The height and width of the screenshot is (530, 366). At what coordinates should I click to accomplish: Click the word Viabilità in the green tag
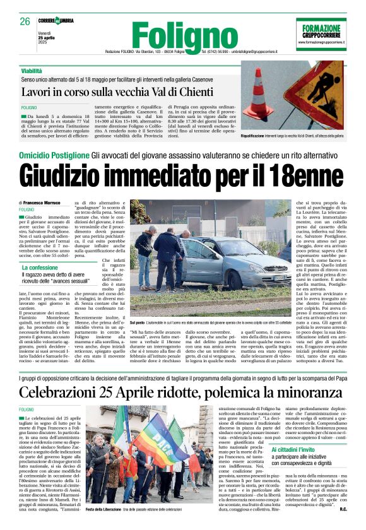click(x=36, y=71)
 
